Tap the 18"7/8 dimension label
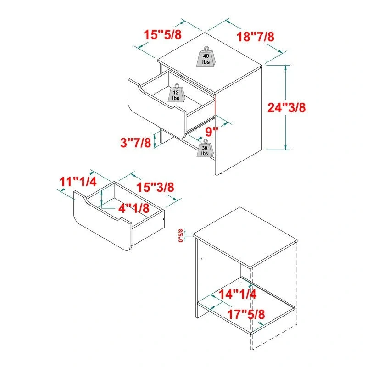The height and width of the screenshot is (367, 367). [256, 37]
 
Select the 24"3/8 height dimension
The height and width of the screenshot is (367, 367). [287, 108]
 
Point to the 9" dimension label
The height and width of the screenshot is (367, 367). [211, 132]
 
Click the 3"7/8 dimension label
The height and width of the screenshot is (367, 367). [135, 143]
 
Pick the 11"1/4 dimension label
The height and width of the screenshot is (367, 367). [78, 181]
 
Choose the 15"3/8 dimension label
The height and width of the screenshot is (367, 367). [156, 187]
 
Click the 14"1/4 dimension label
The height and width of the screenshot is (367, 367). [237, 295]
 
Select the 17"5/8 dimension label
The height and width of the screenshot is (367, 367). [246, 315]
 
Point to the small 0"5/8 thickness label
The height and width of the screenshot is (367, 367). [181, 235]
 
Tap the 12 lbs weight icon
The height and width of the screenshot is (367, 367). [176, 94]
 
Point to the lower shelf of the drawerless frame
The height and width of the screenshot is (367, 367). [248, 305]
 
